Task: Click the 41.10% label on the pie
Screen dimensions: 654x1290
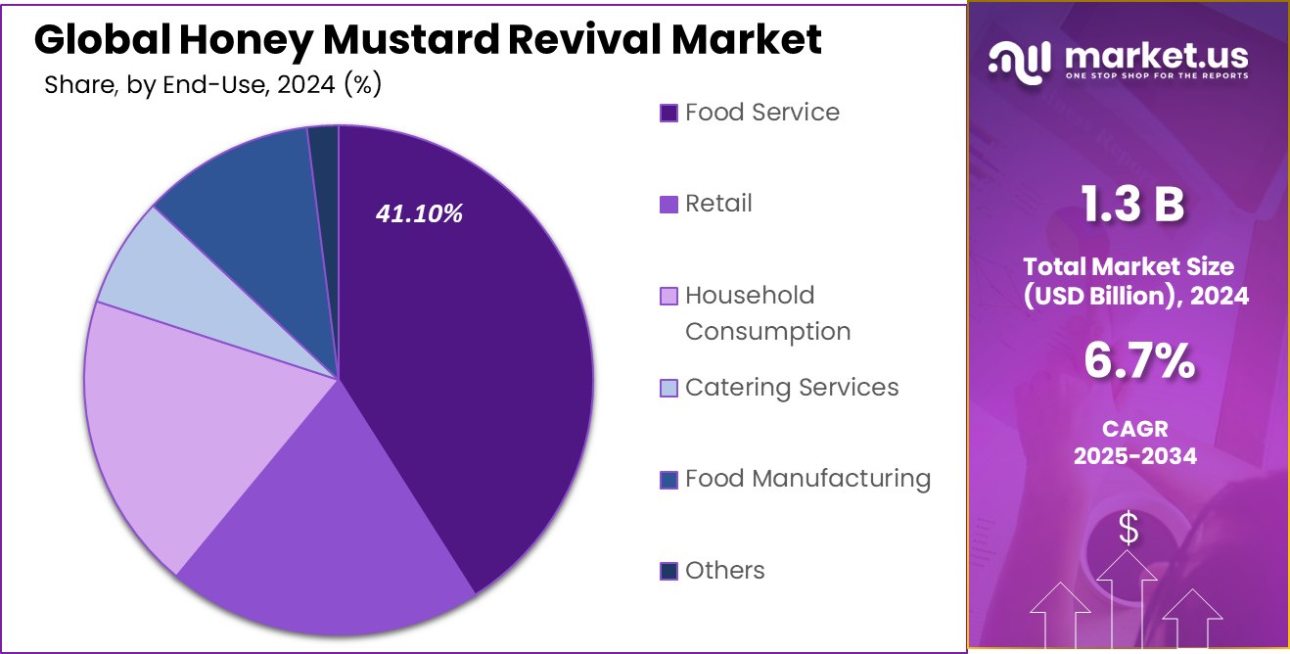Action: [420, 213]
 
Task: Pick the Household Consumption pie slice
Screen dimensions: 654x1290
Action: [186, 421]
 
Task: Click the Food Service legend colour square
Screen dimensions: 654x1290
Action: [669, 113]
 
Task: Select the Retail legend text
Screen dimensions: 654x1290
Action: [718, 204]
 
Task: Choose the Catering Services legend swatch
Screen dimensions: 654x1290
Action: [669, 389]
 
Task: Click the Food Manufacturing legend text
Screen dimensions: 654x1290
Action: [807, 479]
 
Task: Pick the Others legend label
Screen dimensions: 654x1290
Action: [724, 570]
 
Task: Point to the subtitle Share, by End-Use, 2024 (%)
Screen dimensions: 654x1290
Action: [213, 85]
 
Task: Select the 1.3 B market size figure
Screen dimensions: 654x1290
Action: [1132, 206]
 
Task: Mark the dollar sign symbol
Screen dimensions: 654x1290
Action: [1129, 530]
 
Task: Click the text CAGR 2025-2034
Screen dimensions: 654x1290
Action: [1135, 443]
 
